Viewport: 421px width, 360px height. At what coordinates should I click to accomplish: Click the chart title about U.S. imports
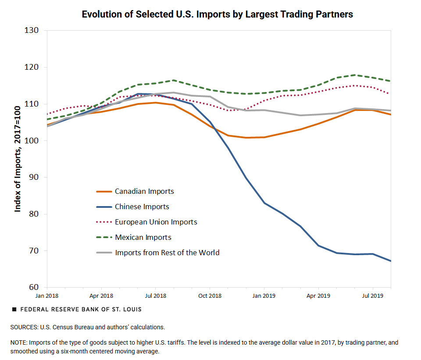click(x=217, y=14)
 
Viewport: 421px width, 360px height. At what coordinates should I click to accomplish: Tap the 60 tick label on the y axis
click(x=35, y=288)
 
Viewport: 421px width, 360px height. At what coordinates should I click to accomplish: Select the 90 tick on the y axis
click(x=35, y=177)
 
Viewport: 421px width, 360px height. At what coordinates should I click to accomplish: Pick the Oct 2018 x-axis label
click(x=209, y=296)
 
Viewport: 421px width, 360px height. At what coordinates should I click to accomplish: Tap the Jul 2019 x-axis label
click(x=372, y=296)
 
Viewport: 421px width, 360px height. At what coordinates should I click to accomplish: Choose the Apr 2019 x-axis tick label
click(x=318, y=296)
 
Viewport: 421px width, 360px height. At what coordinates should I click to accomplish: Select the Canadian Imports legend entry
click(x=144, y=191)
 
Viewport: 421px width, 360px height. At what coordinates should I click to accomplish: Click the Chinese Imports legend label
click(x=142, y=207)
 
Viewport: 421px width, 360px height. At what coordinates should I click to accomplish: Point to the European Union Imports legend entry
click(x=156, y=222)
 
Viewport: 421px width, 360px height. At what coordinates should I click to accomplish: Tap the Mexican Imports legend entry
click(x=143, y=237)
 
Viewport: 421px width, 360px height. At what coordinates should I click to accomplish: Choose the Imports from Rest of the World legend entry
click(x=167, y=253)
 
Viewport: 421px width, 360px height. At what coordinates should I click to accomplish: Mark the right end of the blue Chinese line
click(x=390, y=261)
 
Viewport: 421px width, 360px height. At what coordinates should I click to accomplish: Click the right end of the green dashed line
click(x=390, y=81)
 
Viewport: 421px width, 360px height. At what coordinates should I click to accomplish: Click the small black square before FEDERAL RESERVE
click(x=14, y=309)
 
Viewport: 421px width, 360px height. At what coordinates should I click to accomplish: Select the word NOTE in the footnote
click(x=19, y=342)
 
